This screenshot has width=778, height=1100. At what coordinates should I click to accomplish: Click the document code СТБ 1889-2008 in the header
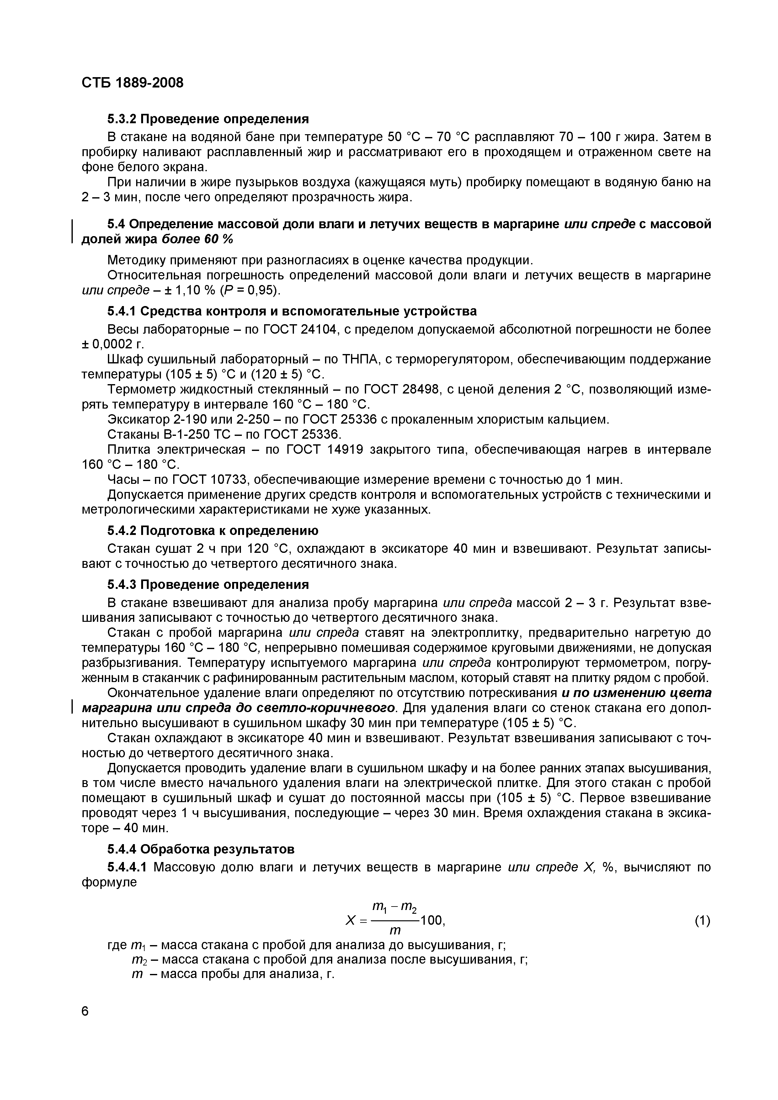pyautogui.click(x=132, y=83)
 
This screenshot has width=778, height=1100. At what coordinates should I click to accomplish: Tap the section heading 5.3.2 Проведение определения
pyautogui.click(x=208, y=118)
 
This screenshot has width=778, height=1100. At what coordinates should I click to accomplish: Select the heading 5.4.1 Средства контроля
pyautogui.click(x=292, y=311)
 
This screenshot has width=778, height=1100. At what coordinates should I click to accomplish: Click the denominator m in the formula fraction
pyautogui.click(x=395, y=931)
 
